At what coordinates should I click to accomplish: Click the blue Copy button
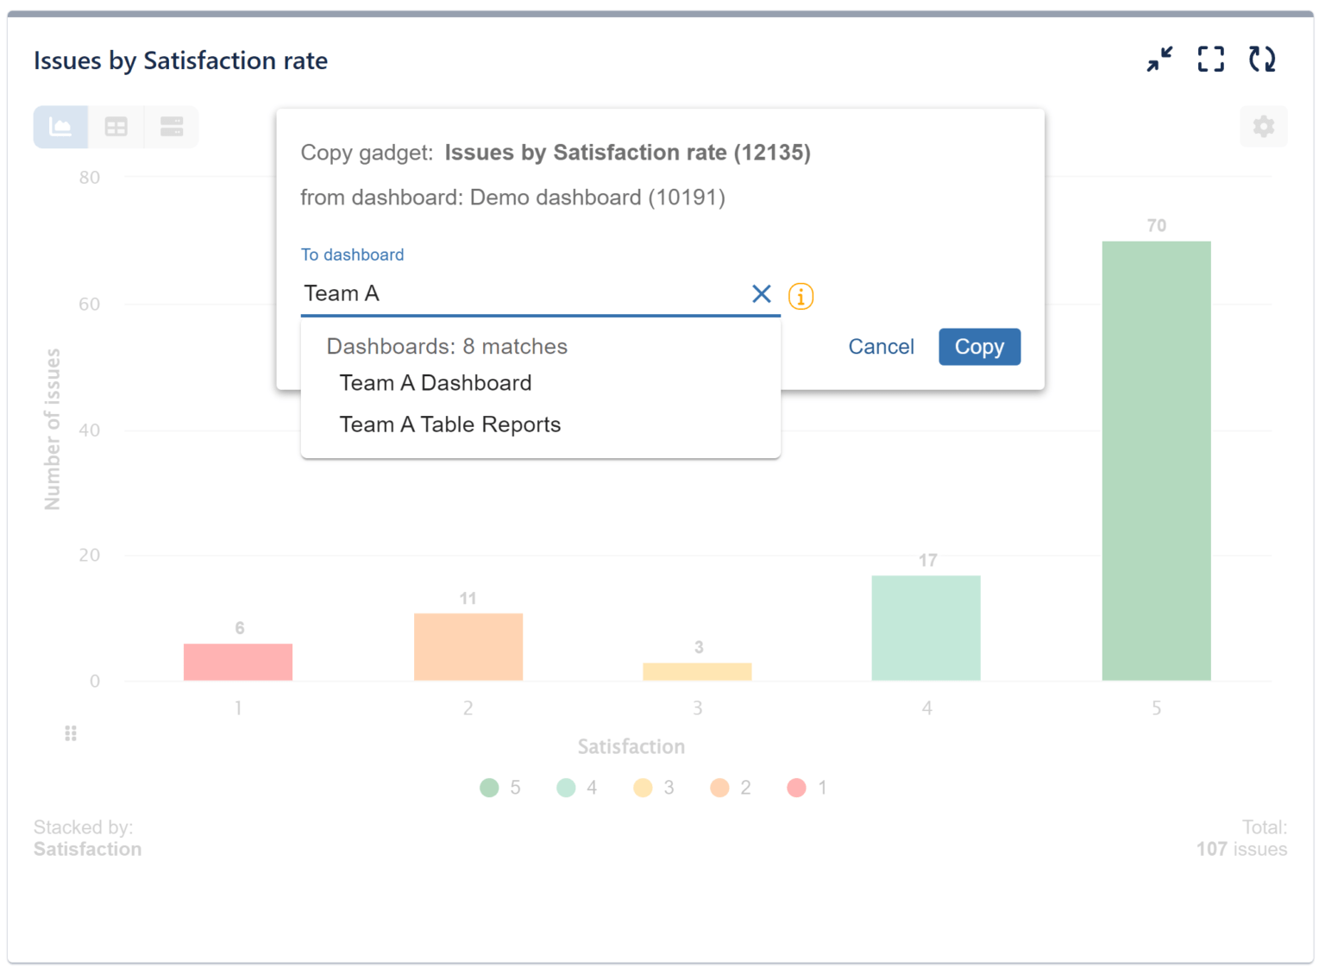(979, 347)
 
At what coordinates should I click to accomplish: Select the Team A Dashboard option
(436, 383)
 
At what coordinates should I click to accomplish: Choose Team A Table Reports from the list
(450, 424)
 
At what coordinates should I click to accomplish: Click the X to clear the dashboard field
(761, 294)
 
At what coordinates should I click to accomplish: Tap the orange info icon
(801, 297)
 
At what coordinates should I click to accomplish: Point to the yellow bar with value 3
(697, 671)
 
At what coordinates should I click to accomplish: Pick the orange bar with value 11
(468, 647)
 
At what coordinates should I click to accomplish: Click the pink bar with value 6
(238, 662)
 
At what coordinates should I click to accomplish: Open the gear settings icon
(1263, 127)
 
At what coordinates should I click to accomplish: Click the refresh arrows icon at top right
(1262, 60)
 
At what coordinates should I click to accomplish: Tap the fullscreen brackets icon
(1210, 60)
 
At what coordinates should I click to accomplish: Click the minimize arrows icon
(1159, 60)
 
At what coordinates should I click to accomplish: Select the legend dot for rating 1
(796, 788)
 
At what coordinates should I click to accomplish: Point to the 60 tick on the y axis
(90, 304)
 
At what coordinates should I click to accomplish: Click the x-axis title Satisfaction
(631, 746)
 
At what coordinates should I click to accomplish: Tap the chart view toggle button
(60, 127)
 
